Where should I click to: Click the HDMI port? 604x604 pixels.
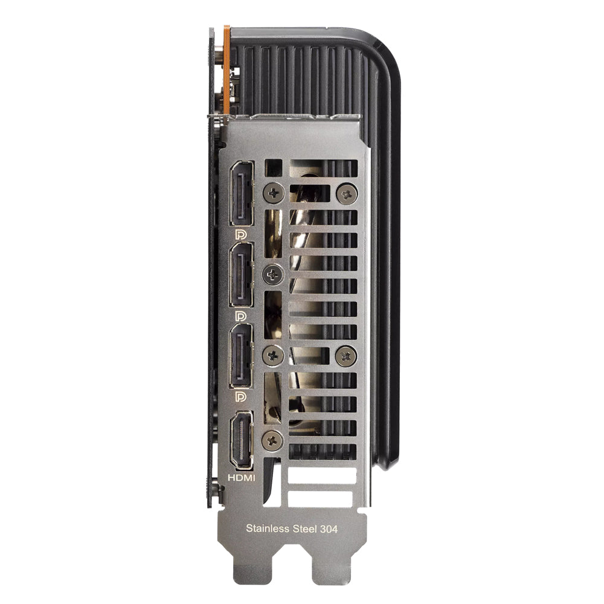coord(242,440)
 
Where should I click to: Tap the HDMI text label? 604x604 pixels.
coord(242,478)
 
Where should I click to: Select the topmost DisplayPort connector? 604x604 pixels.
coord(242,193)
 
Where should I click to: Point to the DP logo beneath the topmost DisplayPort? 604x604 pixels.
coord(240,234)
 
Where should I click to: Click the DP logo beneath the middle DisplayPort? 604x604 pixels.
coord(240,316)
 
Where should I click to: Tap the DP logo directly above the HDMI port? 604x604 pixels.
coord(240,397)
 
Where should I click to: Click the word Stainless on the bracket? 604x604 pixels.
coord(268,528)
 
